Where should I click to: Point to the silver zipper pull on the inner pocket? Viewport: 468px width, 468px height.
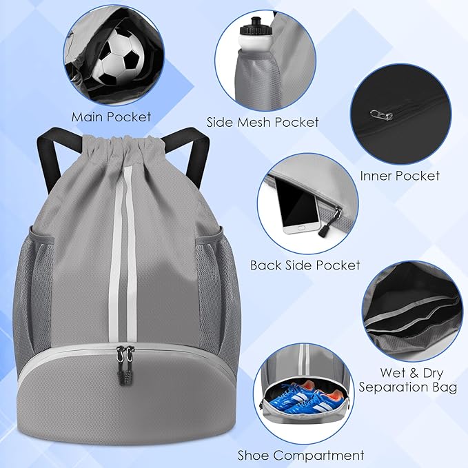(x=376, y=114)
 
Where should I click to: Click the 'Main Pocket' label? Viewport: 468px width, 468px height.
(x=111, y=116)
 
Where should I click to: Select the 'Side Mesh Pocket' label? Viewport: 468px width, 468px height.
(x=263, y=122)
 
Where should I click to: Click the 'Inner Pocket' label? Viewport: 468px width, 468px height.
(x=400, y=176)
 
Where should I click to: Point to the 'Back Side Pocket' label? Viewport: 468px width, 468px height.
(x=305, y=265)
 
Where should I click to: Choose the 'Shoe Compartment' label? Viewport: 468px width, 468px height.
(x=301, y=455)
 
